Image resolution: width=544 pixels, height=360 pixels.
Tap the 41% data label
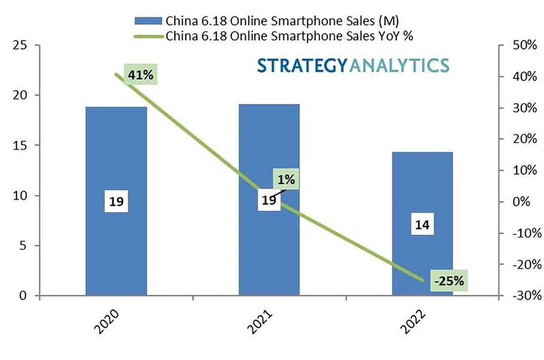(x=141, y=75)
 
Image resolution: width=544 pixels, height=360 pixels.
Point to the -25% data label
(x=449, y=281)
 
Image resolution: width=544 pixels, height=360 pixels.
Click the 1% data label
(x=287, y=179)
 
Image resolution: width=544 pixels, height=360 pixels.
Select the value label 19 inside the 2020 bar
(x=117, y=201)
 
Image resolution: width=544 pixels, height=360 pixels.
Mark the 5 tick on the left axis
(x=24, y=246)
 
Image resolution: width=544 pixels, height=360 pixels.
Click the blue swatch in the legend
(x=148, y=20)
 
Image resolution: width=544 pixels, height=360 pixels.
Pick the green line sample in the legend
(x=148, y=36)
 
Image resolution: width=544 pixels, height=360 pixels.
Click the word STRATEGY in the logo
(x=302, y=65)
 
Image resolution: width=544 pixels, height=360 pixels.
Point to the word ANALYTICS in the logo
(x=399, y=65)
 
